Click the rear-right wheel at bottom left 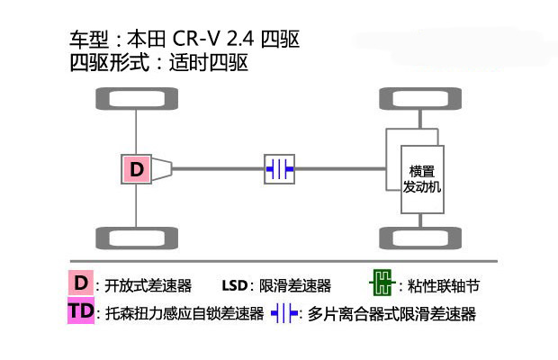pos(136,238)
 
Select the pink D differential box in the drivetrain pos(136,168)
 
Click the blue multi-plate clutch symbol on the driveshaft pos(280,168)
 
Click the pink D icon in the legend pos(81,284)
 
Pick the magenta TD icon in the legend pos(80,312)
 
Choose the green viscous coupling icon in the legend pos(381,285)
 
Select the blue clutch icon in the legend pos(284,313)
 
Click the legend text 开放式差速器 pos(148,286)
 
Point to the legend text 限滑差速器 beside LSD pos(295,286)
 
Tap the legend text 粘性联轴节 pos(443,286)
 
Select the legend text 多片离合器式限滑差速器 pos(391,314)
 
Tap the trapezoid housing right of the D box pos(162,168)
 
